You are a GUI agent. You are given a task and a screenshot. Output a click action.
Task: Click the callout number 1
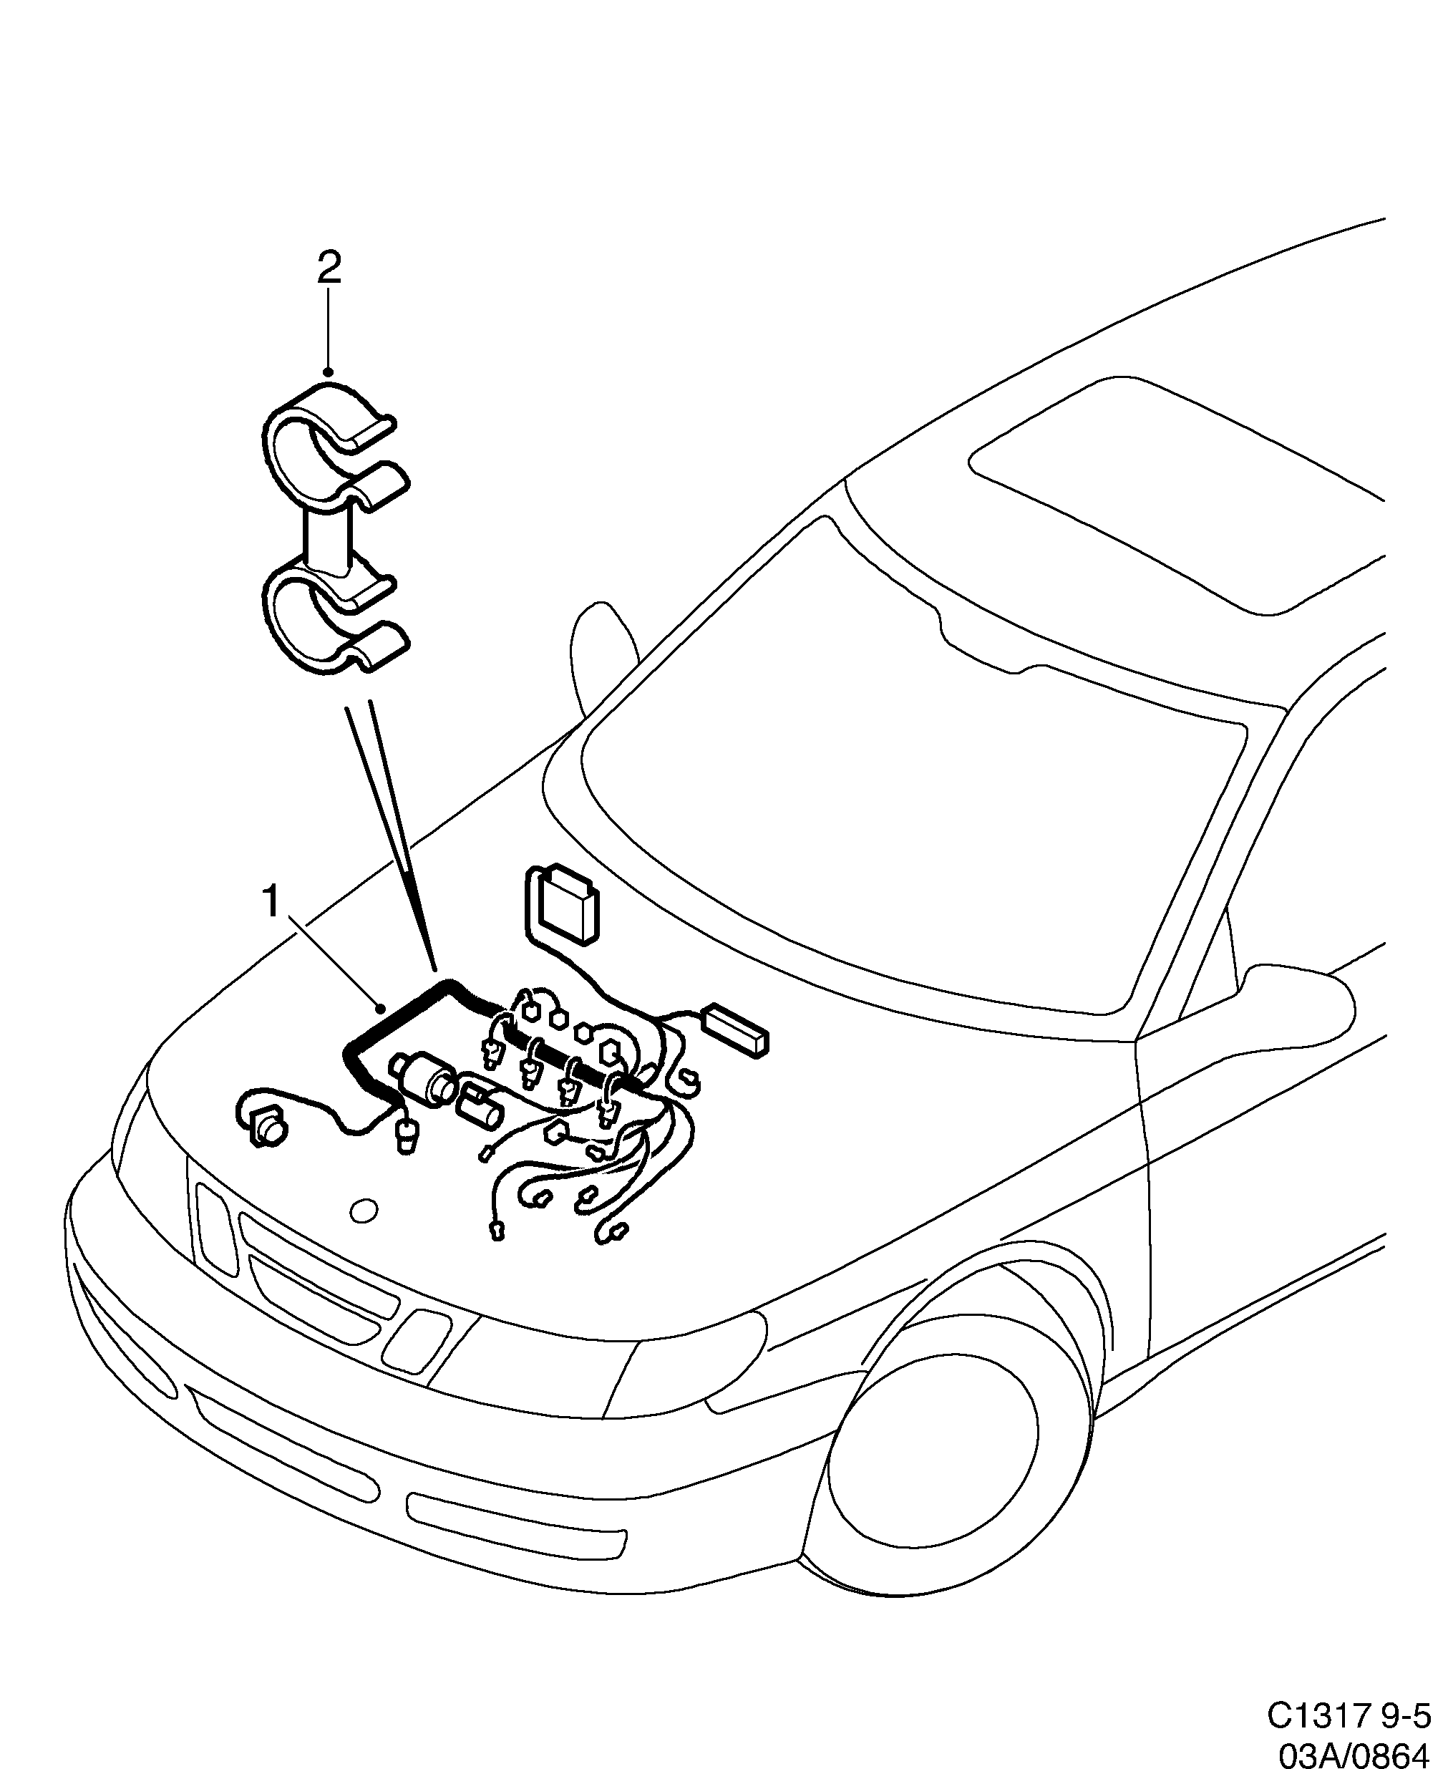point(271,902)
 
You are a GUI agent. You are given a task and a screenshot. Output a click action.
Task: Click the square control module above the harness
point(565,906)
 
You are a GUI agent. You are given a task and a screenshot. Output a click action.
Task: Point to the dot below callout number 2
point(329,372)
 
